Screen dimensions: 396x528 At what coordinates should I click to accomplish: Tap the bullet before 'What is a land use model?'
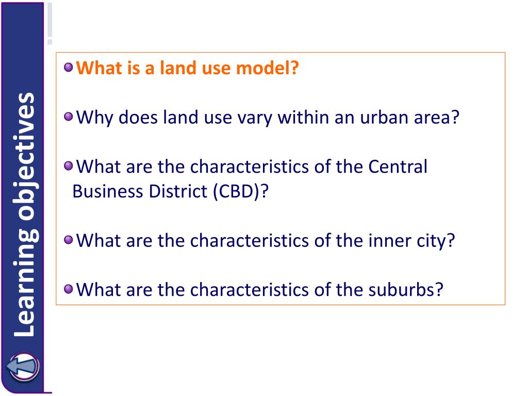[69, 68]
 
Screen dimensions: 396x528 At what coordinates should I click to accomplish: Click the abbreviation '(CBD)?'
[239, 191]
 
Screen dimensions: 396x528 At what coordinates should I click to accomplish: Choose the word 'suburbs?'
[406, 289]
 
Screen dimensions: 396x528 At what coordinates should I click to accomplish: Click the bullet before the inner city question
[69, 240]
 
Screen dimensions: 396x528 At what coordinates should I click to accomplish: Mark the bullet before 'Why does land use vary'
[69, 118]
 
